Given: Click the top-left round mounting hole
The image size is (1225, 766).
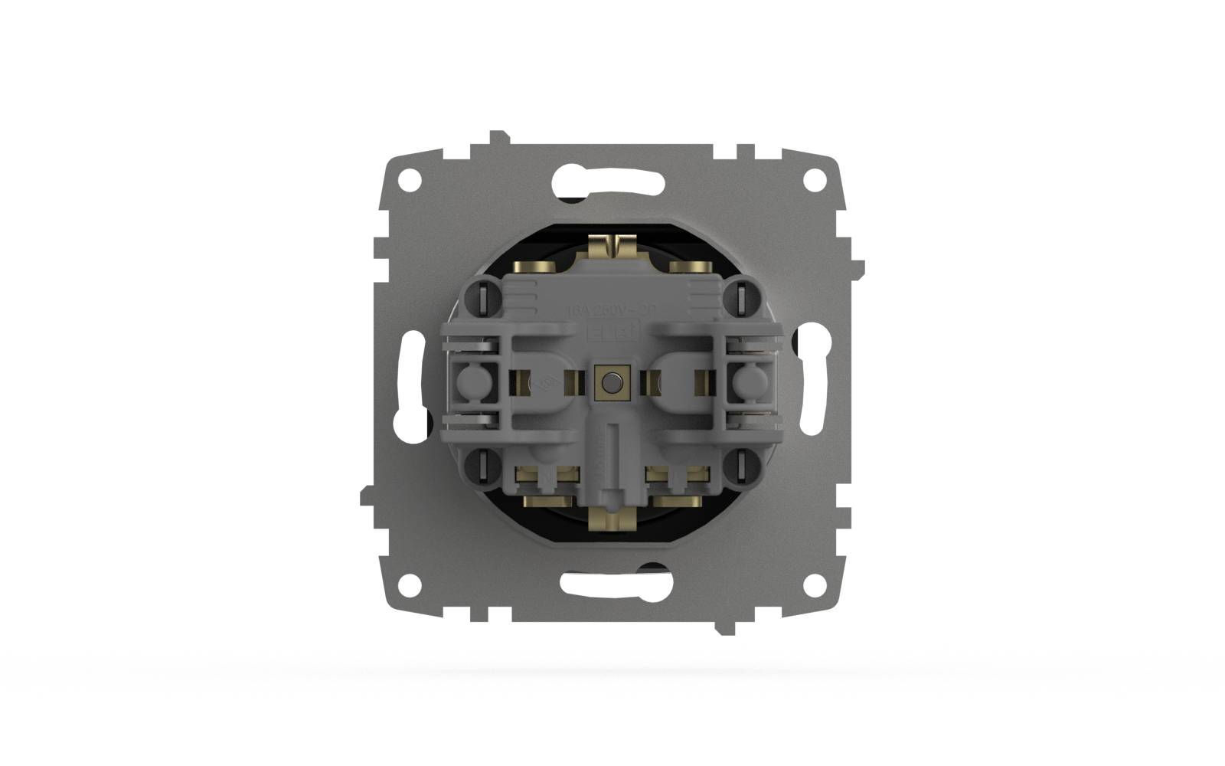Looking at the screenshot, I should click(411, 181).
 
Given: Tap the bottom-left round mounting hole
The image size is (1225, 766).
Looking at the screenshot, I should click(411, 584).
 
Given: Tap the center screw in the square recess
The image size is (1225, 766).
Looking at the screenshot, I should click(611, 381).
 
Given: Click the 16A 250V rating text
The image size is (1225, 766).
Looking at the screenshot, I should click(611, 311).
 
